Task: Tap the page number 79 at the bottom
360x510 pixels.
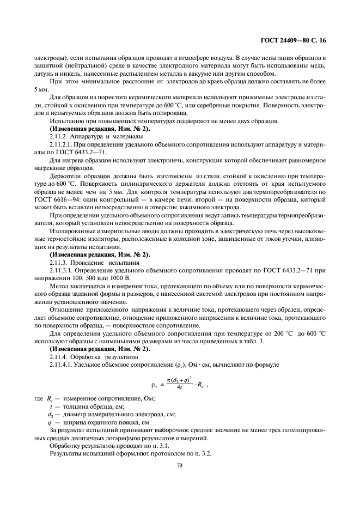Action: pos(179,465)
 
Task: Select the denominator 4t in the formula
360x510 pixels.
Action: pos(179,388)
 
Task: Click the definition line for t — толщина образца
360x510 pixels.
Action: pos(87,406)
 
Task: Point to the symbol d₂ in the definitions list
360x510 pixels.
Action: pos(50,415)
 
